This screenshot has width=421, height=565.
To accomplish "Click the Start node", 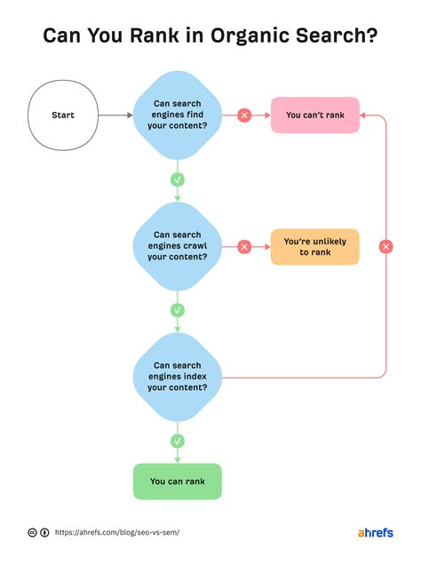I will pyautogui.click(x=63, y=115).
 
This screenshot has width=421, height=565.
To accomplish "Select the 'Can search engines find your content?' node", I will pyautogui.click(x=177, y=115).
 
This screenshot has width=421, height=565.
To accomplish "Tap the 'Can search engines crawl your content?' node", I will pyautogui.click(x=177, y=246).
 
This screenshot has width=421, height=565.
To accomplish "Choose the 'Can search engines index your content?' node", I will pyautogui.click(x=177, y=376).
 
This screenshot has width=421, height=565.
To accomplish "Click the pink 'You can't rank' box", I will pyautogui.click(x=314, y=115).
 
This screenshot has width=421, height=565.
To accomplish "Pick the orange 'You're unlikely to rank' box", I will pyautogui.click(x=314, y=246).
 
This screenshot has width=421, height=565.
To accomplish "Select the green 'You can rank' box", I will pyautogui.click(x=177, y=481).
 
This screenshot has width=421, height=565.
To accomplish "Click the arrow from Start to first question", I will pyautogui.click(x=115, y=115).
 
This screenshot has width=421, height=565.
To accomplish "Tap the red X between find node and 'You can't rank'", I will pyautogui.click(x=244, y=115).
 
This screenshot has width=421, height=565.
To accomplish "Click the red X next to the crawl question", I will pyautogui.click(x=244, y=246).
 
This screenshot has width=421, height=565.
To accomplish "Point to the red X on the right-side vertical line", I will pyautogui.click(x=385, y=246).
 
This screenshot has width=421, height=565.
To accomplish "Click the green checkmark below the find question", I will pyautogui.click(x=177, y=179).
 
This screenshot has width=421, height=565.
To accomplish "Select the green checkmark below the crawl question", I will pyautogui.click(x=177, y=310).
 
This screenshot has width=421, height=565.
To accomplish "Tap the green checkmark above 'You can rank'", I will pyautogui.click(x=177, y=440).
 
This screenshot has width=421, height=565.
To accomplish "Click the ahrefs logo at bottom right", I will pyautogui.click(x=375, y=532).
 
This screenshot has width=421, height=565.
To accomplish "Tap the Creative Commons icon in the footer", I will pyautogui.click(x=33, y=532).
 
